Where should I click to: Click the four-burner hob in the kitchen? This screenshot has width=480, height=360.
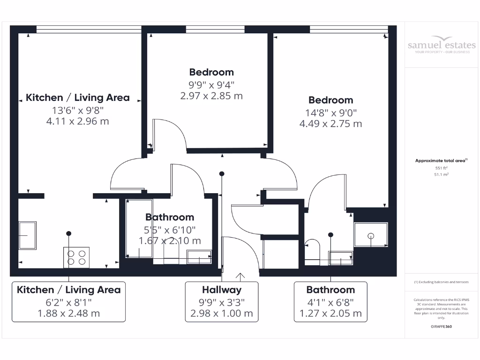[x=76, y=257]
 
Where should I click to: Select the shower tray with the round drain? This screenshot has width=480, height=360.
[x=371, y=234]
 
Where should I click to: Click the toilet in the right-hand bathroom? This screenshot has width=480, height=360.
[x=312, y=249]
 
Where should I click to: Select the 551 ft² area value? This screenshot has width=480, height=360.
[x=442, y=167]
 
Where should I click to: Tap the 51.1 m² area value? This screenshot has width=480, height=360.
[x=442, y=174]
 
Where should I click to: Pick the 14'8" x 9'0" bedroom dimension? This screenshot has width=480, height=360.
[x=330, y=112]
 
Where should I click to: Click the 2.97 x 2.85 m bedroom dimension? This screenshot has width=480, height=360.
[x=211, y=96]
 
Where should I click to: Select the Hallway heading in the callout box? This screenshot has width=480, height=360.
[x=222, y=290]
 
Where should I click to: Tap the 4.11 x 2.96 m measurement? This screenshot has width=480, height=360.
[x=78, y=121]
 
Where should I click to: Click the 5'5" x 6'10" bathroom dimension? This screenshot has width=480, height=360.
[x=170, y=229]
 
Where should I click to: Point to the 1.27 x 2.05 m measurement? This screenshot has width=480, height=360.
[x=330, y=314]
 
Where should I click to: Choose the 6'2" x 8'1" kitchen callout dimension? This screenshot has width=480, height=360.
[x=68, y=302]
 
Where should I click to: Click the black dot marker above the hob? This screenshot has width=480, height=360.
[x=69, y=233]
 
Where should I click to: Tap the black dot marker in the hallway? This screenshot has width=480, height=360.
[x=222, y=174]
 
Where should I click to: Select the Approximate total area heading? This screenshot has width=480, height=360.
[x=441, y=161]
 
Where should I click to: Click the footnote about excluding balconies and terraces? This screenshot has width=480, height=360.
[x=441, y=282]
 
